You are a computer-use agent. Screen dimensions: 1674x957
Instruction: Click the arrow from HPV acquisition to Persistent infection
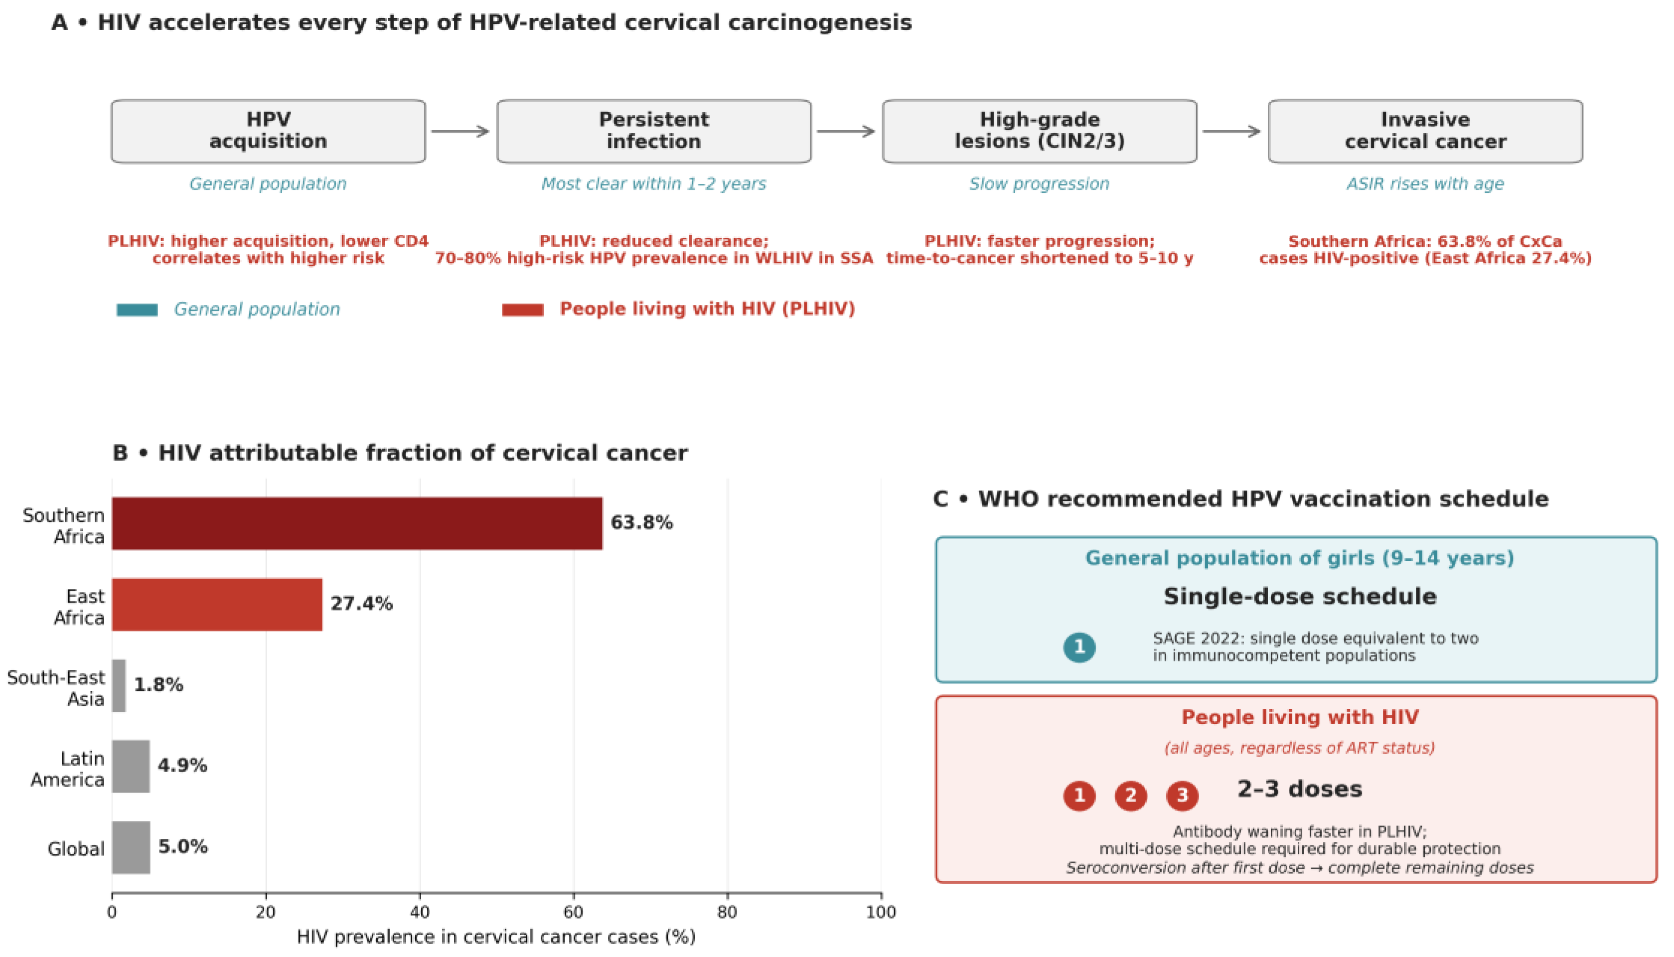[460, 132]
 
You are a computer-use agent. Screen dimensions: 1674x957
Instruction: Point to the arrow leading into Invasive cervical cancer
[1232, 132]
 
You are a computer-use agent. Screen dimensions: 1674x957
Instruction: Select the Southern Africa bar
[357, 523]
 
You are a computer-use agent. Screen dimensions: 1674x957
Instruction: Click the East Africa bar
[217, 604]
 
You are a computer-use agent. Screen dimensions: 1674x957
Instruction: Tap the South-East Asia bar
[119, 685]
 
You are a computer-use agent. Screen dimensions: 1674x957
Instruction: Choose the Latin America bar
[131, 767]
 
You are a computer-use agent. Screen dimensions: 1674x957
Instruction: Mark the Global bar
[131, 847]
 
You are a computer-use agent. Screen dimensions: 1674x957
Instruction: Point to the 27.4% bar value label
[361, 604]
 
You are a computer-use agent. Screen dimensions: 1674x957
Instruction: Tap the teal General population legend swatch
[138, 310]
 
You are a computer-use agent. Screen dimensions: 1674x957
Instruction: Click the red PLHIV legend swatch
[522, 310]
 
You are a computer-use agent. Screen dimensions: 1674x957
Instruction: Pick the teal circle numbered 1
[1079, 647]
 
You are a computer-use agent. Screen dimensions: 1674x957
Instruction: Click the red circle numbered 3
[1182, 796]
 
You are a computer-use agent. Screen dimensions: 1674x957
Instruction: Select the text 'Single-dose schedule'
[1300, 596]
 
